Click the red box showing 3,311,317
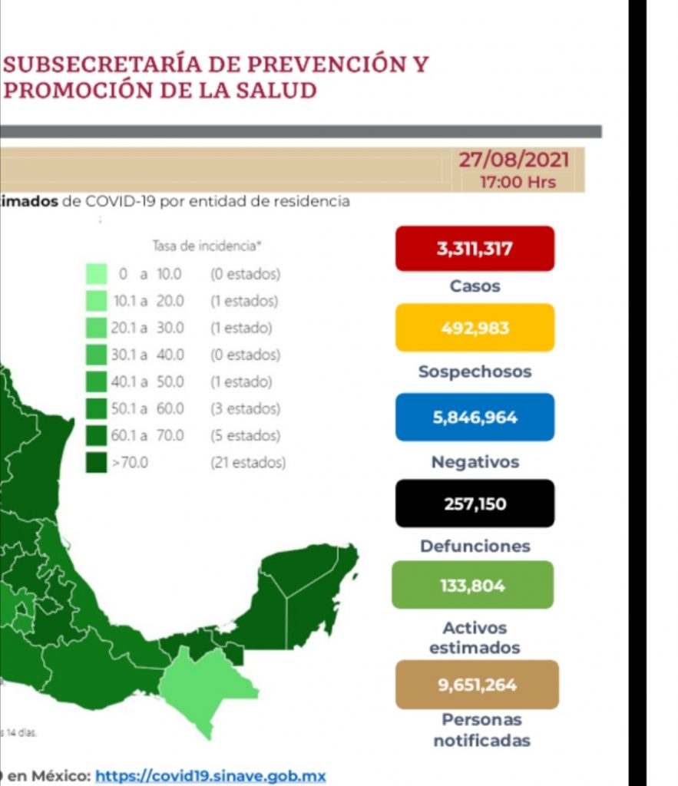click(x=475, y=249)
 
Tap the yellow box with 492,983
click(x=475, y=328)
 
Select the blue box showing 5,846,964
click(x=475, y=418)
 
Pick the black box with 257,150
click(x=475, y=504)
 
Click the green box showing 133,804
click(x=472, y=585)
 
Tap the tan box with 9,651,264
click(x=477, y=684)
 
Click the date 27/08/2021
click(x=514, y=160)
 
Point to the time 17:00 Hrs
click(x=518, y=183)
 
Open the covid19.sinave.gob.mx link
click(x=210, y=776)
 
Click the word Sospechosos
click(x=475, y=372)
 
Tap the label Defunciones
click(x=475, y=547)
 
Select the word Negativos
click(x=475, y=462)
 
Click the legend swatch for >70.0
click(x=96, y=463)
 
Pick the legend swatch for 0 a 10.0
click(x=96, y=274)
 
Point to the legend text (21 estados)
click(x=248, y=463)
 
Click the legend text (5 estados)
click(x=245, y=436)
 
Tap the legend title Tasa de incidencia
click(x=207, y=246)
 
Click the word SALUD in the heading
click(x=281, y=91)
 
